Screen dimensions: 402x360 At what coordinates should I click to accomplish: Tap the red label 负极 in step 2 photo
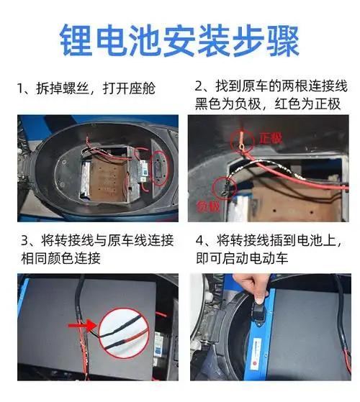click(x=209, y=206)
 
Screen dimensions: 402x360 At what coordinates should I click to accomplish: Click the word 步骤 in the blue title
click(x=273, y=40)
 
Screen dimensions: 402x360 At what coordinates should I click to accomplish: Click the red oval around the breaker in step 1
click(x=155, y=165)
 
